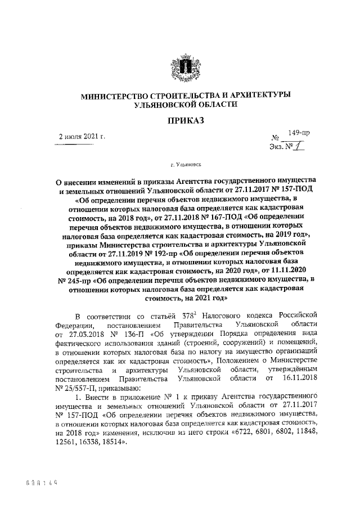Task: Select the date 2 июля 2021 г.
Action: click(83, 137)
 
